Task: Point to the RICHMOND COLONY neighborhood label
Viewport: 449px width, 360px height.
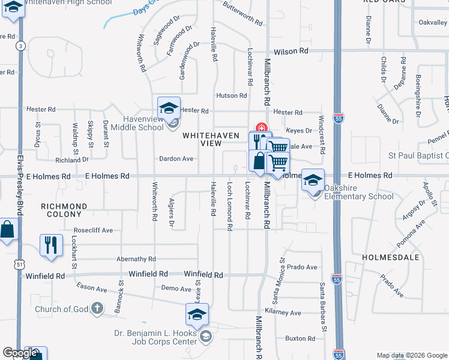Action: coord(64,210)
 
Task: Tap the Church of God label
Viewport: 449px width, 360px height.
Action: coord(62,310)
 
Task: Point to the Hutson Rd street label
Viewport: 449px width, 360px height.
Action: coord(232,95)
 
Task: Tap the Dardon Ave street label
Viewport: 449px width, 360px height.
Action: coord(176,159)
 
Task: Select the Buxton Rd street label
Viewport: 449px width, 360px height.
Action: coord(300,338)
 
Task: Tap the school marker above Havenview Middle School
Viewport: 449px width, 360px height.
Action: coord(169,109)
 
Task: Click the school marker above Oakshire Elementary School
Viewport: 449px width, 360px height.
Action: coord(313,180)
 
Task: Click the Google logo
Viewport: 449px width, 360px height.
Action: coord(20,353)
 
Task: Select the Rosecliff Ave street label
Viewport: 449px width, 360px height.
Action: coord(93,230)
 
